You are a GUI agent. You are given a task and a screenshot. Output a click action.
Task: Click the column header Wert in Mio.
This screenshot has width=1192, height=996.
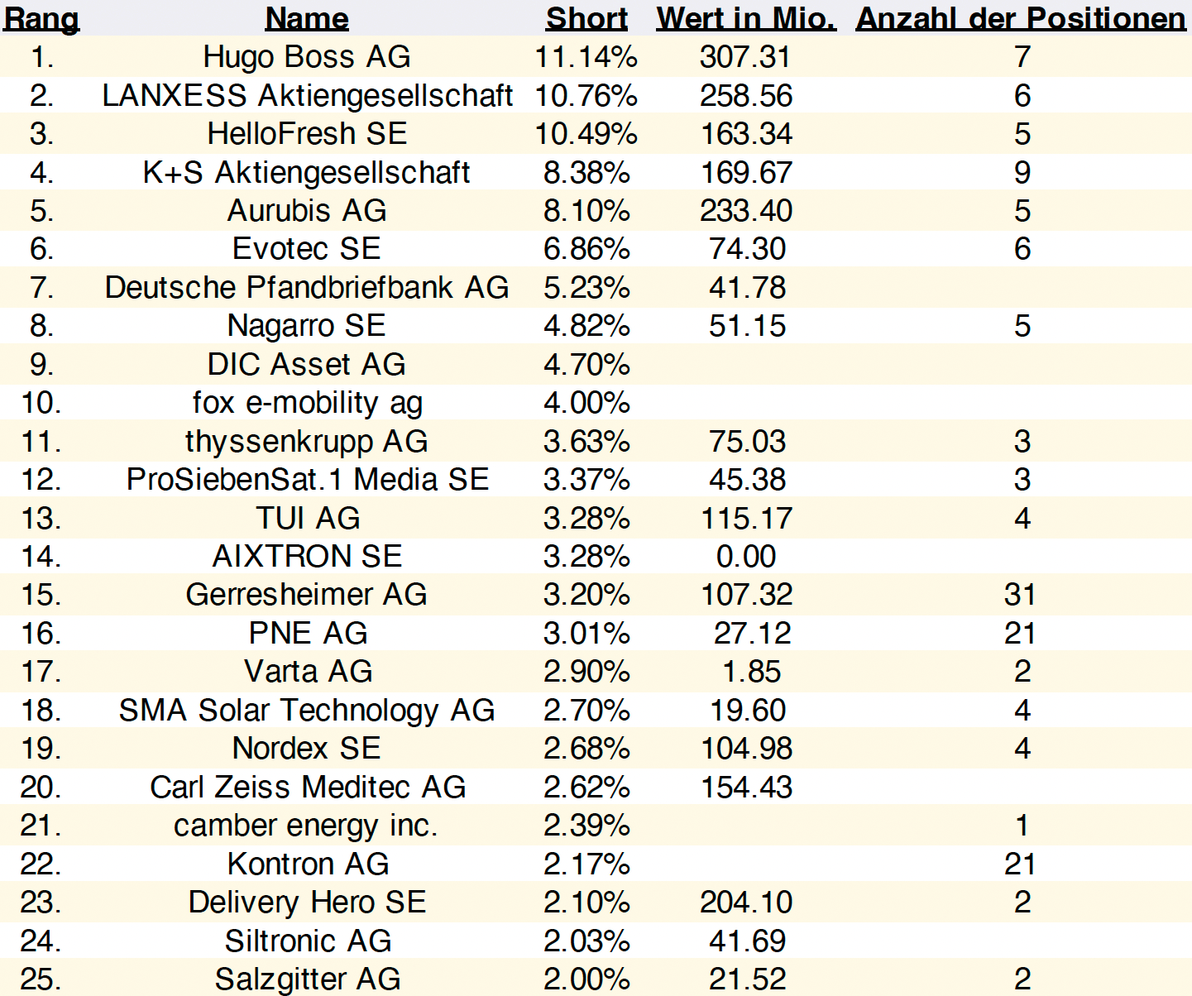pyautogui.click(x=746, y=18)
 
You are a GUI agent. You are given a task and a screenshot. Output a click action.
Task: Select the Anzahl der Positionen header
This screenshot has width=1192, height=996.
pyautogui.click(x=1021, y=18)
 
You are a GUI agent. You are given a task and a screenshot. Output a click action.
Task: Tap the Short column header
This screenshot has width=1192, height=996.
pyautogui.click(x=586, y=18)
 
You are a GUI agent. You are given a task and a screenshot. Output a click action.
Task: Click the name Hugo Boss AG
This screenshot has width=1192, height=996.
pyautogui.click(x=307, y=57)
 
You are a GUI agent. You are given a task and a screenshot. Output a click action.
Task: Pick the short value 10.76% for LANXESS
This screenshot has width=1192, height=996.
pyautogui.click(x=586, y=95)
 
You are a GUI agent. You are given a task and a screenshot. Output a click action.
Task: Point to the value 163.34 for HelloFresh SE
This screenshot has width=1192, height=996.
pyautogui.click(x=746, y=134)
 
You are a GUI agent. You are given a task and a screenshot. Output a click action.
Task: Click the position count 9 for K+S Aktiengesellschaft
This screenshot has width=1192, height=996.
pyautogui.click(x=1022, y=172)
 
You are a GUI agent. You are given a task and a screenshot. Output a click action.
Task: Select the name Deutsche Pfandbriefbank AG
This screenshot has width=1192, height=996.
pyautogui.click(x=307, y=287)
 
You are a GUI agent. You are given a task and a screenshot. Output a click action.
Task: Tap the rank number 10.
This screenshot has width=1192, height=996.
pyautogui.click(x=41, y=403)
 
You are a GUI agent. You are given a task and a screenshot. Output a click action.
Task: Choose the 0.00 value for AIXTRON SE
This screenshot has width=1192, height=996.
pyautogui.click(x=746, y=556)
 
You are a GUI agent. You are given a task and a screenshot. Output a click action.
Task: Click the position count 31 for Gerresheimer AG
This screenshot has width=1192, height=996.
pyautogui.click(x=1020, y=595)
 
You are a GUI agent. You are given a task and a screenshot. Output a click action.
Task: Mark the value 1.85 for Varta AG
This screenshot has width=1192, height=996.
pyautogui.click(x=751, y=672)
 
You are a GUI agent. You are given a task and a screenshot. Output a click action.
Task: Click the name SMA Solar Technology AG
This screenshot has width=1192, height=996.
pyautogui.click(x=307, y=711)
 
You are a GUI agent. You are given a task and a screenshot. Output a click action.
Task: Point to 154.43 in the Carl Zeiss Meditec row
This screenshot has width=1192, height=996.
pyautogui.click(x=746, y=787)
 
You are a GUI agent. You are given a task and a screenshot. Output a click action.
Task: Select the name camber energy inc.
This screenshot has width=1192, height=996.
pyautogui.click(x=305, y=826)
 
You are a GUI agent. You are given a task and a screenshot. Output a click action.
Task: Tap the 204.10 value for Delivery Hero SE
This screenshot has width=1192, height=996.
pyautogui.click(x=746, y=903)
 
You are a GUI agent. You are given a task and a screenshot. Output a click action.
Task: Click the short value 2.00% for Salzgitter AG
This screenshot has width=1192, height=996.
pyautogui.click(x=586, y=979)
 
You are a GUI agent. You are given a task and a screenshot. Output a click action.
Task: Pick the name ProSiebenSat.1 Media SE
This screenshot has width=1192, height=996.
pyautogui.click(x=307, y=479)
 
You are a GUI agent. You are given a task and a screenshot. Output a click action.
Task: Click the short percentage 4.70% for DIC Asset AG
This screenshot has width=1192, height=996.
pyautogui.click(x=586, y=364)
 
